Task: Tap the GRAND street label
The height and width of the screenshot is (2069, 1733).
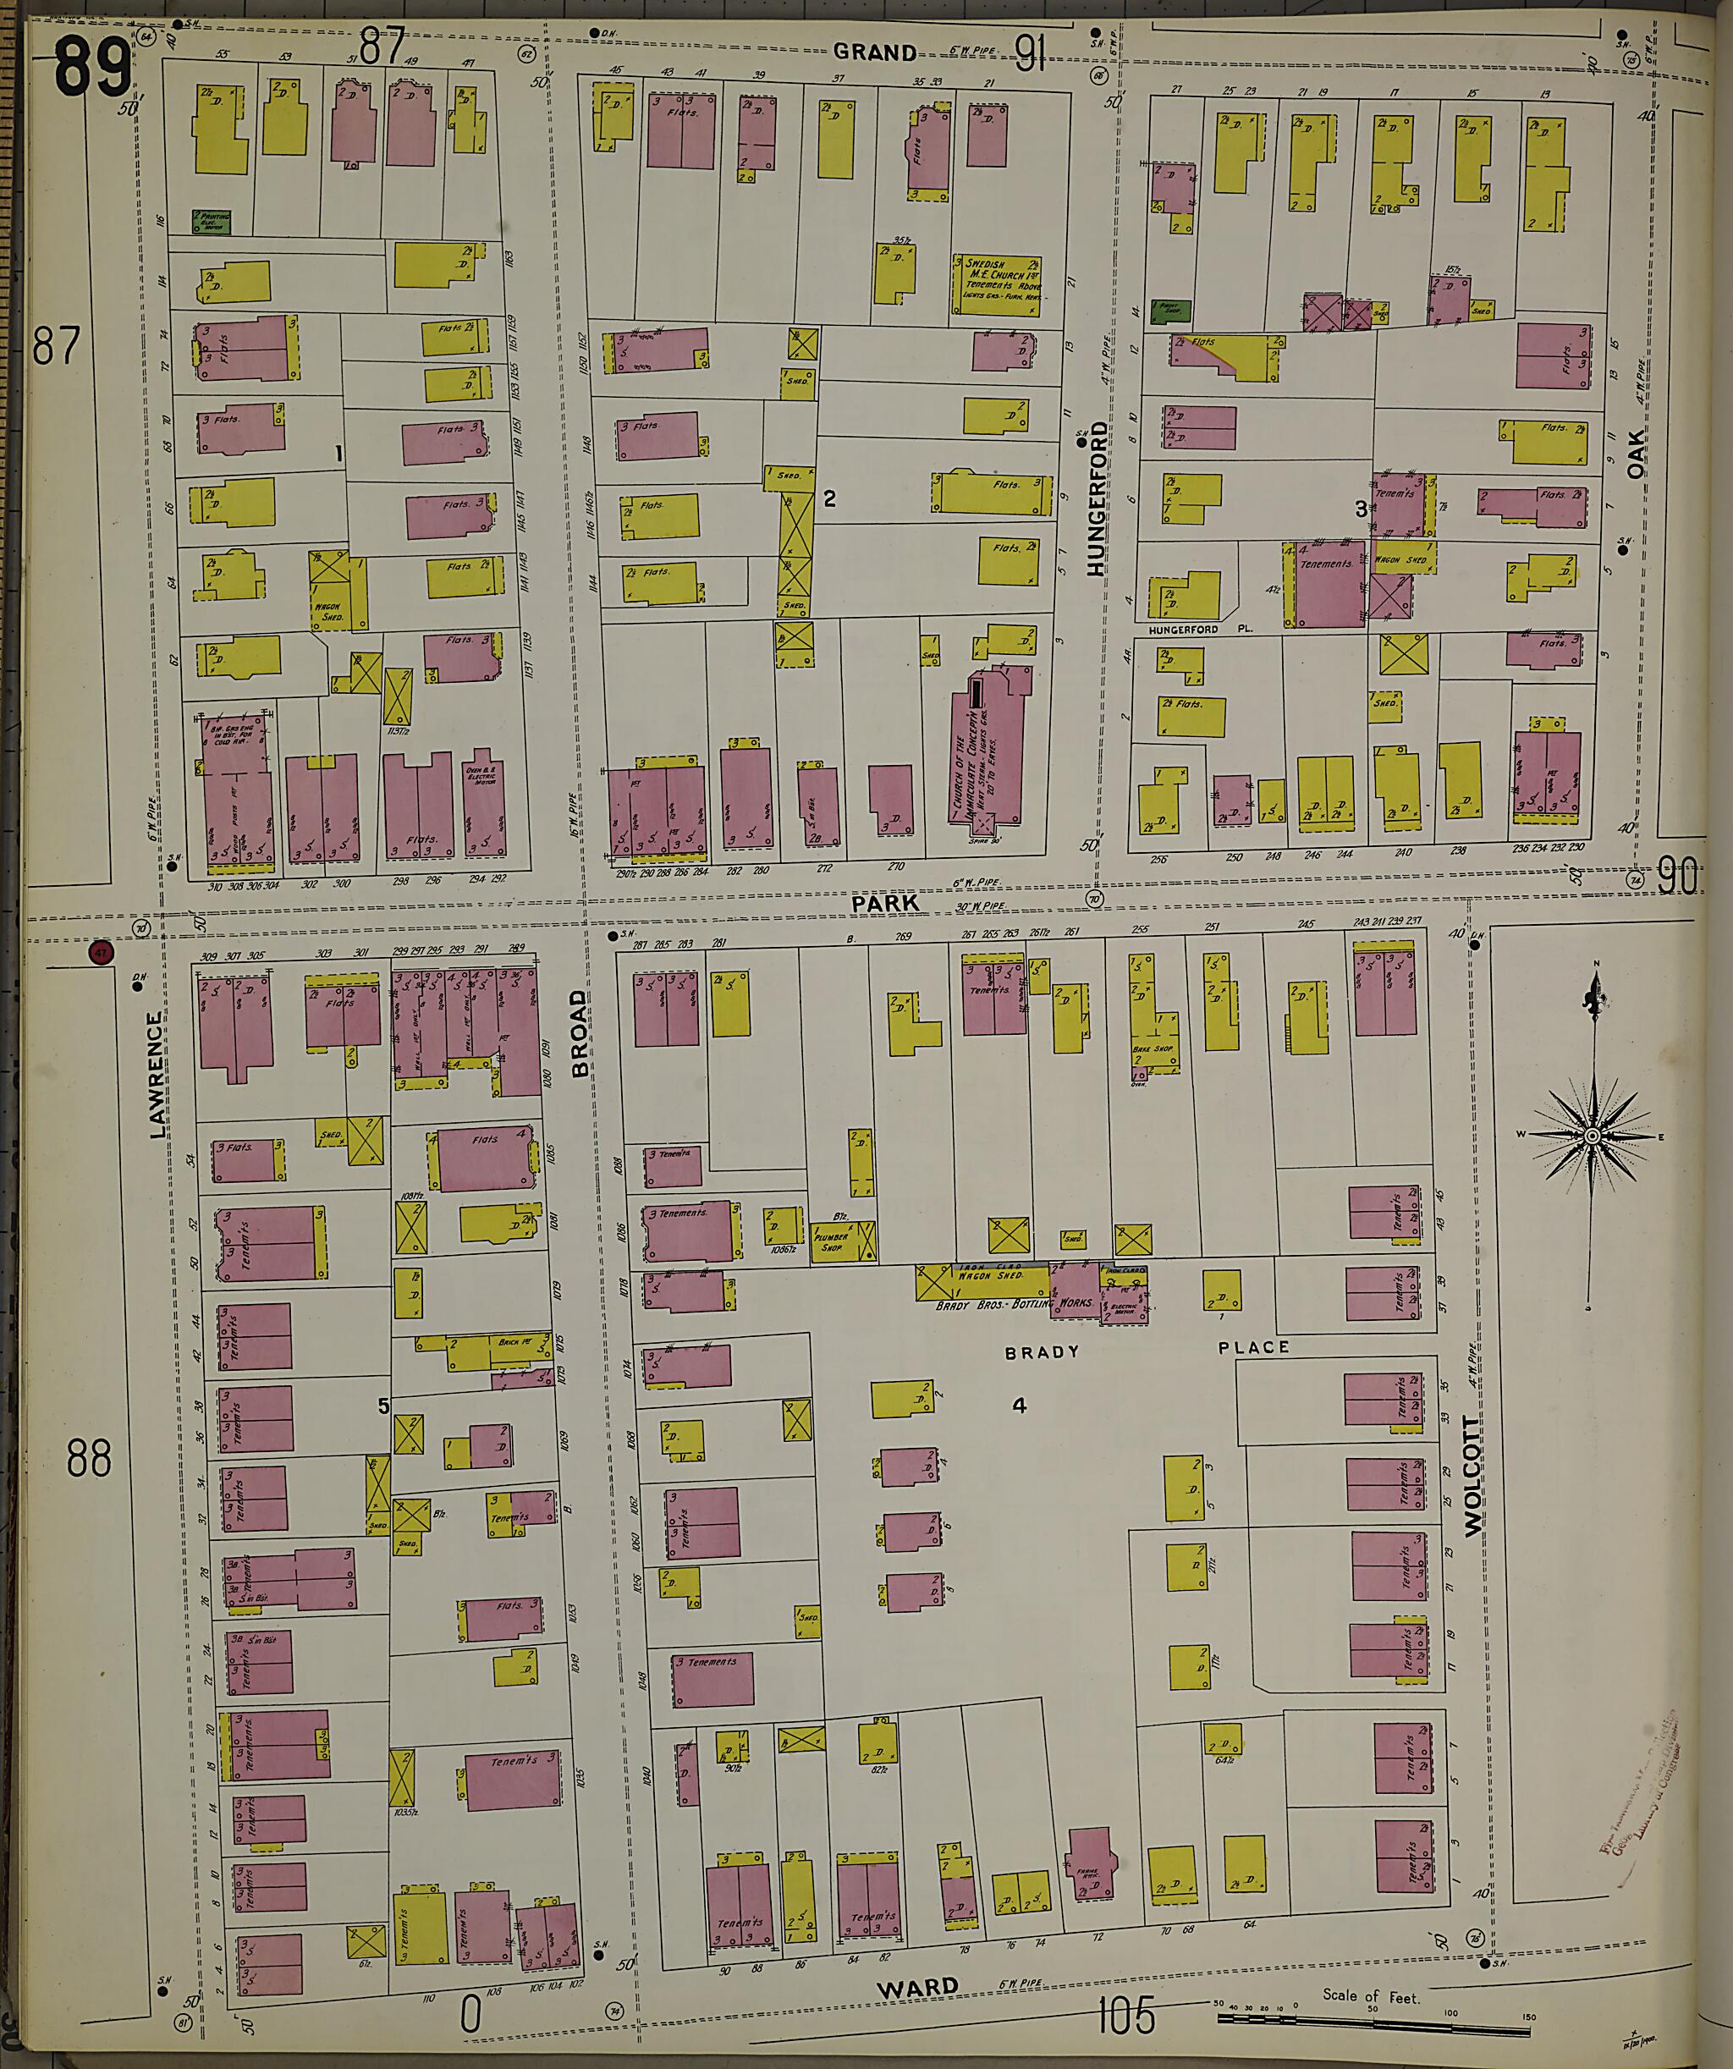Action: (x=874, y=52)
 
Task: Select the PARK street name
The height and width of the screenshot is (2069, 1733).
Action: (x=885, y=902)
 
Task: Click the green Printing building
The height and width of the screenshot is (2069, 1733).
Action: (x=211, y=221)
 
